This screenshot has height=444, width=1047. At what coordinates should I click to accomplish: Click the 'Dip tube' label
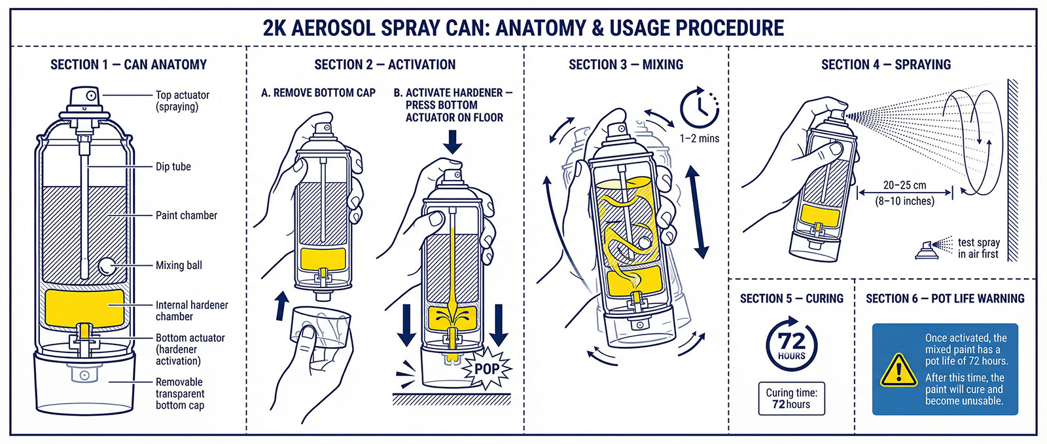[173, 166]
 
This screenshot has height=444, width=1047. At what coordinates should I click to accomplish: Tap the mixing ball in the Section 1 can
[106, 266]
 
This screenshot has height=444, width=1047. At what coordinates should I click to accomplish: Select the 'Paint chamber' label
[186, 215]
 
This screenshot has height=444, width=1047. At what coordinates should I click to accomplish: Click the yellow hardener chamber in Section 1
[84, 307]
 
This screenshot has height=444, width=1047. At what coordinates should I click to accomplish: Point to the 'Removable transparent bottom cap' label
[179, 394]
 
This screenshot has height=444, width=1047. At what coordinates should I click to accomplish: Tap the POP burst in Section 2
[487, 369]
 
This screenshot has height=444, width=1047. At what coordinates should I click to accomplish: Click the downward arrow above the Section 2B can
[452, 141]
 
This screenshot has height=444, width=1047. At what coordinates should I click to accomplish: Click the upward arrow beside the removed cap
[281, 305]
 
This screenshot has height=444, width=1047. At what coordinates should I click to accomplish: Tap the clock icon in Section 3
[699, 108]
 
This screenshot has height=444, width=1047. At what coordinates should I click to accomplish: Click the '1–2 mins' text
[699, 138]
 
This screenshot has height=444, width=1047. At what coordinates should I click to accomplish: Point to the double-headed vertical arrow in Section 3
[696, 211]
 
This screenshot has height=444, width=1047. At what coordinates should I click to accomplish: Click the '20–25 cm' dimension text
[904, 185]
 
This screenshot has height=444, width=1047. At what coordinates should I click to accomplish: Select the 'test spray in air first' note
[978, 248]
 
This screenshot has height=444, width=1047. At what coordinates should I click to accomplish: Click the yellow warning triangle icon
[898, 371]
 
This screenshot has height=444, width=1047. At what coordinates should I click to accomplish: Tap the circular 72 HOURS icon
[791, 344]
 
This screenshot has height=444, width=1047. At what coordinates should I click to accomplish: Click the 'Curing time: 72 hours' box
[791, 398]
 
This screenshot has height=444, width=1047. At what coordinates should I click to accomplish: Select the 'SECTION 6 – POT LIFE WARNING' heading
[945, 299]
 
